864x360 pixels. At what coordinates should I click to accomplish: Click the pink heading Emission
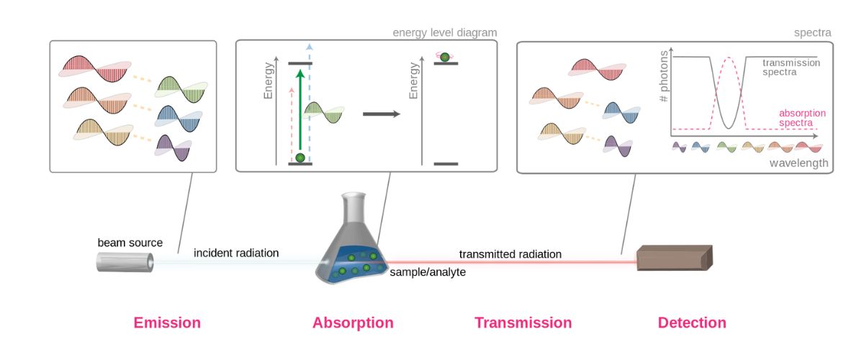[x=167, y=323]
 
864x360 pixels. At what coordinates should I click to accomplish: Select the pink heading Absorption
[x=353, y=323]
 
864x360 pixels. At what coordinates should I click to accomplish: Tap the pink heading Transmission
[x=523, y=323]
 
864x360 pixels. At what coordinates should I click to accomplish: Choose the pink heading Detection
[x=692, y=323]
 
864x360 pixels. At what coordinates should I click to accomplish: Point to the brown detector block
[x=675, y=258]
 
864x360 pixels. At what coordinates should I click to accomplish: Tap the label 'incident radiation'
[x=236, y=253]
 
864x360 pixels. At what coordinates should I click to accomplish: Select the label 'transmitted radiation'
[x=510, y=254]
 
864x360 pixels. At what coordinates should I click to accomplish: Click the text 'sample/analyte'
[x=428, y=272]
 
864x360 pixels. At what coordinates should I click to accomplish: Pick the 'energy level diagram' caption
[x=444, y=33]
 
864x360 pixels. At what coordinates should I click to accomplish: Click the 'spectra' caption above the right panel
[x=812, y=33]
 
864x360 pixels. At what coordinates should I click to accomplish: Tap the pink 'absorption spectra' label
[x=802, y=118]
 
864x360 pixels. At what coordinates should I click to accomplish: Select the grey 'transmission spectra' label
[x=791, y=67]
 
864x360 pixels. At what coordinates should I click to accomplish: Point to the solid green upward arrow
[x=300, y=108]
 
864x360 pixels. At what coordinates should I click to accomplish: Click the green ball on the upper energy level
[x=444, y=56]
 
